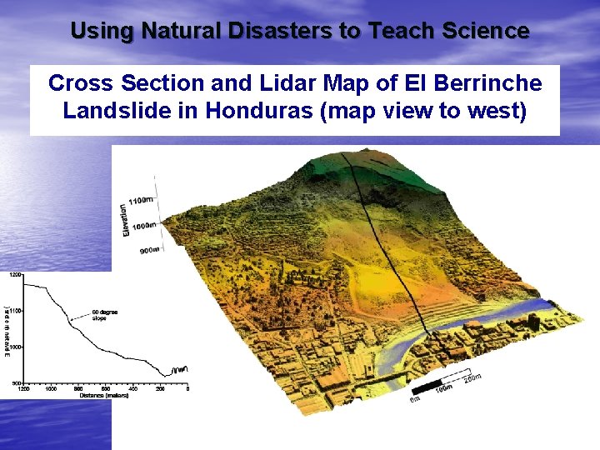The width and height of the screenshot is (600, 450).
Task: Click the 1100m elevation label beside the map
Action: point(142,200)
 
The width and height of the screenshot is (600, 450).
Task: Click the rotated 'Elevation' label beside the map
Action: point(124,218)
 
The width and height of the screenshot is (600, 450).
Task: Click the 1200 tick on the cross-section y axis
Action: point(16,274)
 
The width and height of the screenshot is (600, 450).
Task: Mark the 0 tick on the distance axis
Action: point(188,388)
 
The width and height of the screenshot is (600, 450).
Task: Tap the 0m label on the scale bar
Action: point(415,400)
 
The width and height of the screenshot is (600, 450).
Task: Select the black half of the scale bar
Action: point(427,388)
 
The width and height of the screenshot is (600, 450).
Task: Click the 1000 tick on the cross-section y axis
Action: point(16,347)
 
